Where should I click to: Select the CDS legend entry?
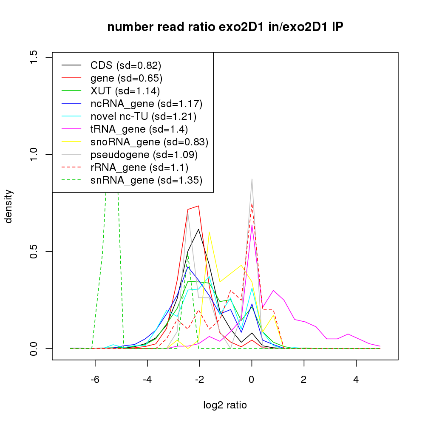pyautogui.click(x=126, y=65)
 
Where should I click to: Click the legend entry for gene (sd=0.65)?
pyautogui.click(x=126, y=78)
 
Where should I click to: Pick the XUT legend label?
pyautogui.click(x=125, y=91)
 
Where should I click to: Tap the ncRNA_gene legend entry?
pyautogui.click(x=146, y=104)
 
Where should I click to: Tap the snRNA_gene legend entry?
pyautogui.click(x=146, y=180)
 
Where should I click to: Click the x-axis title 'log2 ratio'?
pyautogui.click(x=225, y=405)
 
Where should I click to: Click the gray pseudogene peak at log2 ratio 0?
pyautogui.click(x=252, y=179)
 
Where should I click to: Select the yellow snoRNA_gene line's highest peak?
pyautogui.click(x=209, y=232)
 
